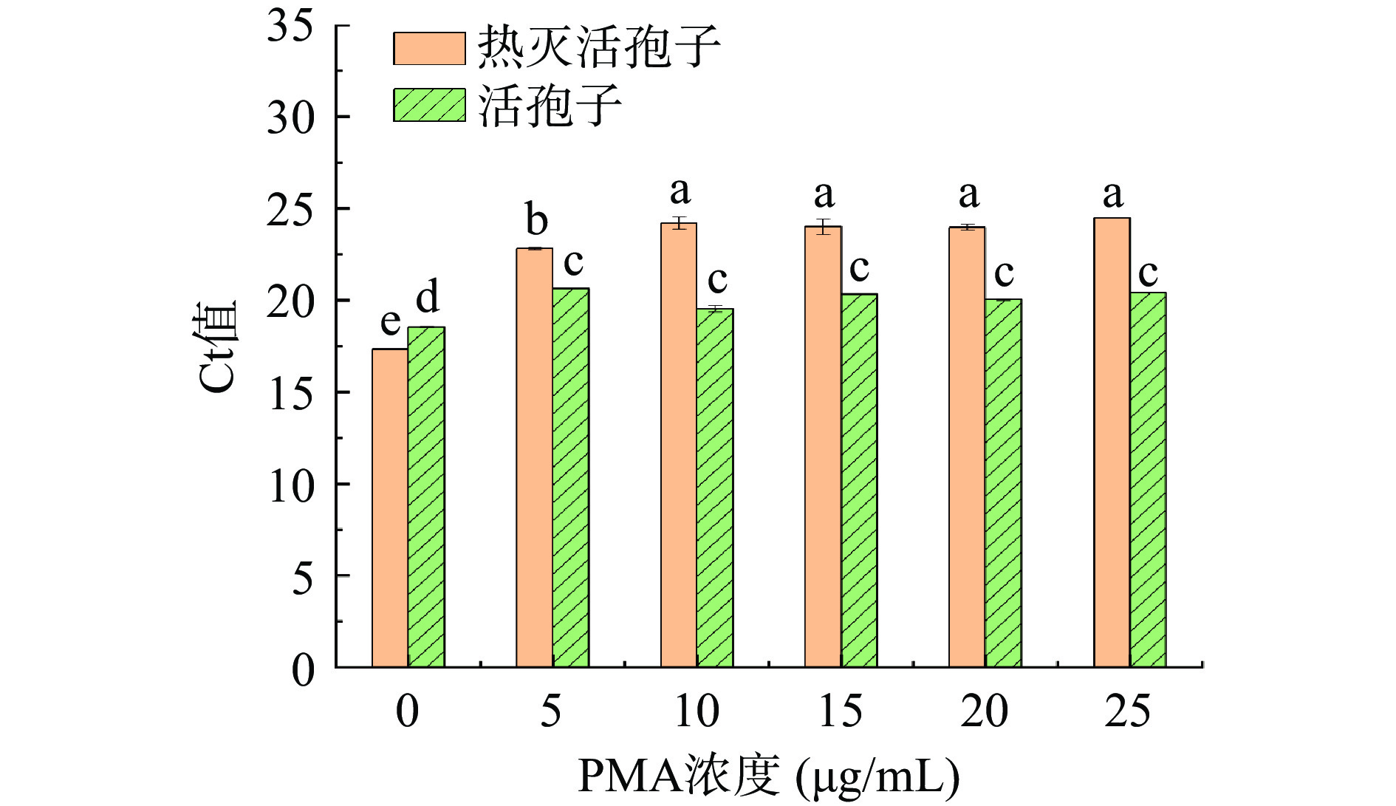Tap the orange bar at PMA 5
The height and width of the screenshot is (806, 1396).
pos(534,458)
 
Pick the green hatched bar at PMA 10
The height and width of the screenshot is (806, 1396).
pos(715,488)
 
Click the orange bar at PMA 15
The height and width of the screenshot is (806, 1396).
pos(823,447)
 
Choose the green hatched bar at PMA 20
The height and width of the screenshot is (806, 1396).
pos(1003,483)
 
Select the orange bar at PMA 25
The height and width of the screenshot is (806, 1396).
pos(1112,443)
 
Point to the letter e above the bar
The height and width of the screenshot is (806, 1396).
pos(390,323)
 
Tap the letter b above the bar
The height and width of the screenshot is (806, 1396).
pos(536,219)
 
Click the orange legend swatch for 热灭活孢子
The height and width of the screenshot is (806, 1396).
pos(429,49)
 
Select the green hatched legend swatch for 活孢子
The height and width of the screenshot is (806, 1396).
pos(429,105)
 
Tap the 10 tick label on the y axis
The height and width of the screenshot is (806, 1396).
pos(290,485)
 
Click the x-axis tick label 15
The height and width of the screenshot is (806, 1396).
pos(841,711)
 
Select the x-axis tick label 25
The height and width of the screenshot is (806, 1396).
pos(1128,711)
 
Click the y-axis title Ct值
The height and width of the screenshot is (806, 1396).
pos(219,346)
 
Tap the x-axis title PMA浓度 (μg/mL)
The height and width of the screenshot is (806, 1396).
pos(768,776)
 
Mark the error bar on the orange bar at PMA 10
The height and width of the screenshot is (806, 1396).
pos(680,222)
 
